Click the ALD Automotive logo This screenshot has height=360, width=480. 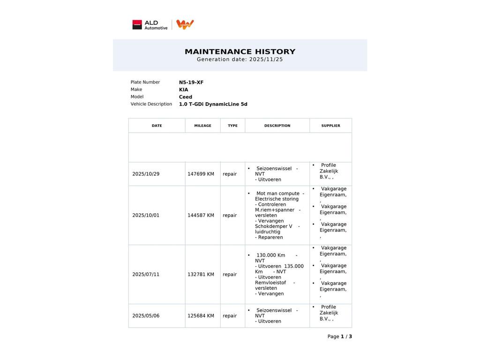coord(150,25)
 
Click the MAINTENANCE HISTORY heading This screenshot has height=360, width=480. coord(240,52)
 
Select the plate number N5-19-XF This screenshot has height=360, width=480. coord(191,82)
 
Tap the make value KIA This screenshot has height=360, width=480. coord(183,90)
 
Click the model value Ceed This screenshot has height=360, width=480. coord(186,97)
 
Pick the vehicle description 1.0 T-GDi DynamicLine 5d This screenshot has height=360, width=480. coord(213,104)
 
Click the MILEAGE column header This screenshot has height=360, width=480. coord(202,126)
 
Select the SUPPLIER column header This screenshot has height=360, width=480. coord(330,126)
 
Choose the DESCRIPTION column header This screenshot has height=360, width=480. coord(277,126)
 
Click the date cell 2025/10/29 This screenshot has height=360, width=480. coord(146,174)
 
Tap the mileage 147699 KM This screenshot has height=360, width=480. coord(201,174)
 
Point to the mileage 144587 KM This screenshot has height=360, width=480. coord(201,216)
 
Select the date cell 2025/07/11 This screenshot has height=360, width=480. coord(146,275)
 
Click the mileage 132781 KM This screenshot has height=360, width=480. coord(201,275)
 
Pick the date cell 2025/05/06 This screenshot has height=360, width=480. coord(146,316)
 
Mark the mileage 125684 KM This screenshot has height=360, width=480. coord(201,316)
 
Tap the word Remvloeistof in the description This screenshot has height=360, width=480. coord(270,283)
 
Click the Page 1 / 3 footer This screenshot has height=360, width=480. coord(339,337)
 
